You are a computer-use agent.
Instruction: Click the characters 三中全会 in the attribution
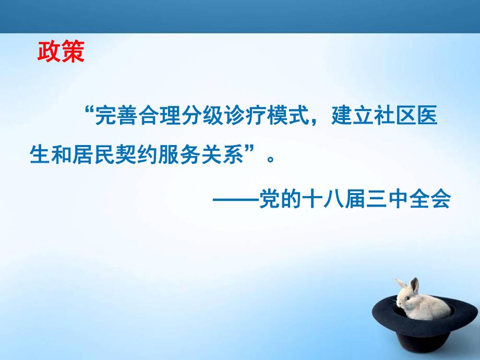coord(413,200)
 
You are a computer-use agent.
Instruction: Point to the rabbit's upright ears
coord(409,285)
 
